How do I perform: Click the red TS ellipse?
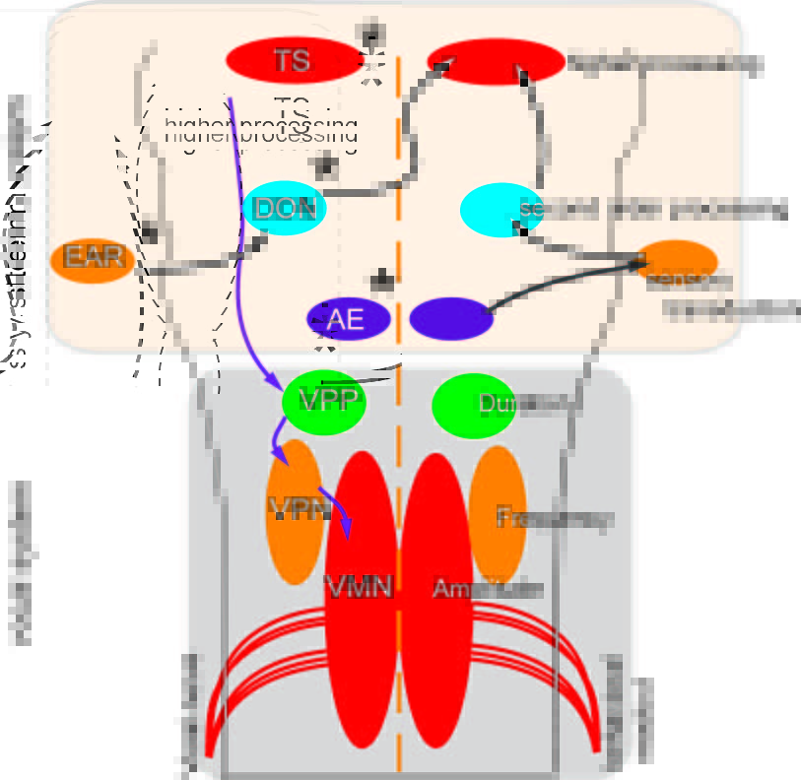tap(294, 60)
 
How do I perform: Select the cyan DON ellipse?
tap(284, 208)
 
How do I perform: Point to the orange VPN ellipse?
tap(295, 511)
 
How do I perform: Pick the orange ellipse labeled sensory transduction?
tap(678, 264)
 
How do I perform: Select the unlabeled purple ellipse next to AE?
tap(450, 319)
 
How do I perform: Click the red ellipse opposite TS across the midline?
tap(489, 62)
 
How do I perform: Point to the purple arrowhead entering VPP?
tap(275, 382)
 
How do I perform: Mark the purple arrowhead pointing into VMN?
tap(347, 528)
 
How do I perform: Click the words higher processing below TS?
tap(261, 129)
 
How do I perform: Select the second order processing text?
tap(655, 210)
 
